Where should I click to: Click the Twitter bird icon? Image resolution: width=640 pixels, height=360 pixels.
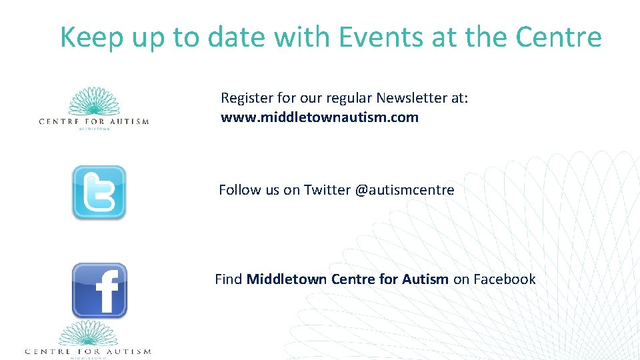[99, 193]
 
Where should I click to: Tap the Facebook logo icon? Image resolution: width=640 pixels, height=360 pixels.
[99, 290]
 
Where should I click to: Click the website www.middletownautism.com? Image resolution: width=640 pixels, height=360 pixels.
[319, 118]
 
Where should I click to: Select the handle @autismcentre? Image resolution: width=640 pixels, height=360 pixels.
[405, 190]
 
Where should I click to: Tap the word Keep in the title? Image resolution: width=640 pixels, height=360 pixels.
[91, 37]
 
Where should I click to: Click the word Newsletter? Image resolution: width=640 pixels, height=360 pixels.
[411, 98]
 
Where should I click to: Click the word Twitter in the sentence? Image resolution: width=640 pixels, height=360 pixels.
[327, 190]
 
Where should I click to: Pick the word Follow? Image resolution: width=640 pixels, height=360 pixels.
[240, 190]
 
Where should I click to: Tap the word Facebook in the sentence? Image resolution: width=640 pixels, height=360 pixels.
[504, 279]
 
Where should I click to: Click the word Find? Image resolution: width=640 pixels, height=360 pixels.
[228, 279]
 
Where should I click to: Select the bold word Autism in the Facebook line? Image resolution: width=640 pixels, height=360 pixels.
[425, 279]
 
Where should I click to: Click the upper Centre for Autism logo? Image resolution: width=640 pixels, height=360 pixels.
[94, 108]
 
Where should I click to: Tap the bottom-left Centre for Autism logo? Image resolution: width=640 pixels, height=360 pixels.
[88, 340]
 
